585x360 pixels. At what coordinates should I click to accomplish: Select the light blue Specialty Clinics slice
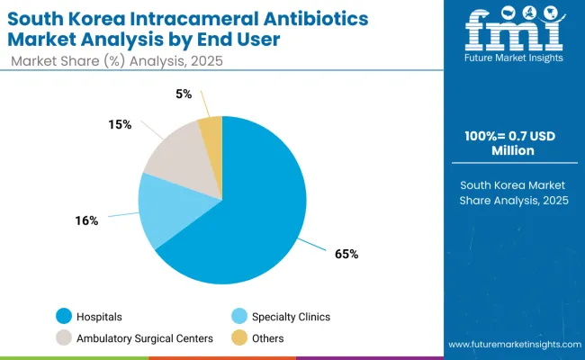click(x=171, y=209)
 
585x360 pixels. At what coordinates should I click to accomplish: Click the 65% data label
click(x=346, y=254)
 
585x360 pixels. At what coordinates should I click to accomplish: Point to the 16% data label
click(x=87, y=220)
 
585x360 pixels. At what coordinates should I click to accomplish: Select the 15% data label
click(x=119, y=124)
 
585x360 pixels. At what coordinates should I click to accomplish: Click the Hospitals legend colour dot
click(x=63, y=316)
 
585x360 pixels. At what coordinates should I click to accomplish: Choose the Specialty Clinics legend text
click(x=292, y=317)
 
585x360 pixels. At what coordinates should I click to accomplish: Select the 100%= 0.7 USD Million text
click(x=516, y=142)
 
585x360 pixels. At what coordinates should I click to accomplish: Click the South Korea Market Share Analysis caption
click(x=516, y=193)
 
